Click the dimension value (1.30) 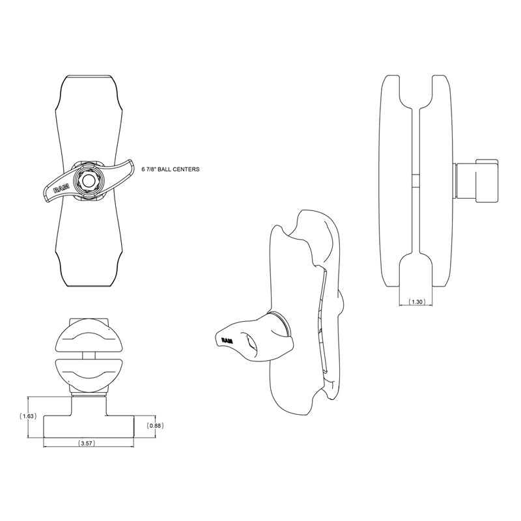(415, 302)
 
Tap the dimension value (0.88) (155, 425)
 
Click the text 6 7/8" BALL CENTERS (171, 169)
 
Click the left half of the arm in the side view (395, 182)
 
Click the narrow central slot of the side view (415, 182)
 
